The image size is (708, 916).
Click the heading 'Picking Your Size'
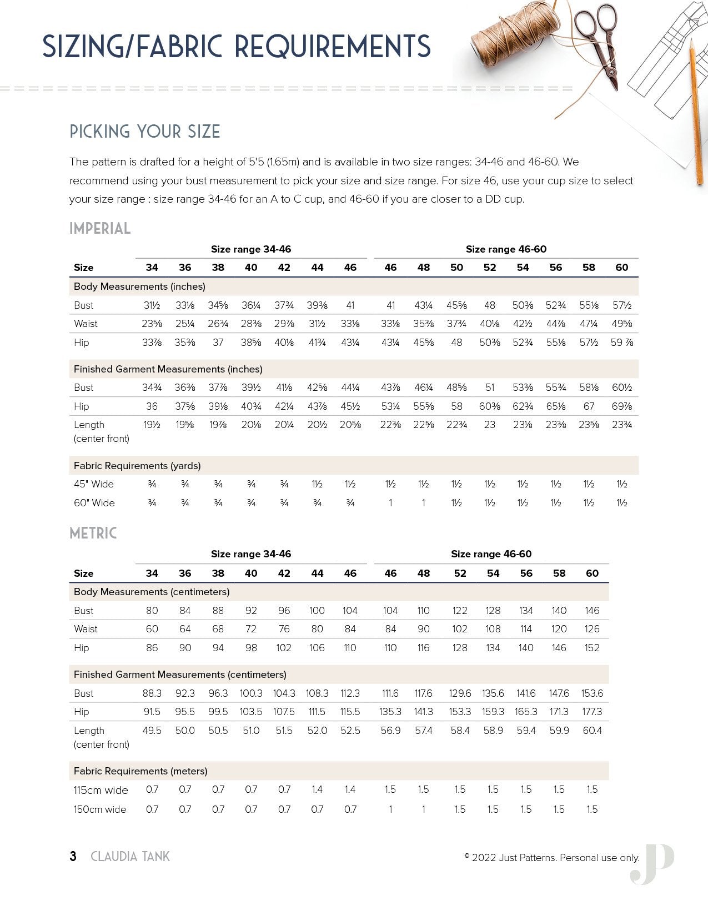[145, 132]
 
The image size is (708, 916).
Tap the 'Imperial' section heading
[100, 228]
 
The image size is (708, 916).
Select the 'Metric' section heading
[93, 533]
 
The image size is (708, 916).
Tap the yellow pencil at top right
[696, 111]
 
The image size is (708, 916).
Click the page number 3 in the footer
[73, 856]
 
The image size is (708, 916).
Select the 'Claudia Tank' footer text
[130, 857]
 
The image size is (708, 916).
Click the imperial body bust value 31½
[152, 305]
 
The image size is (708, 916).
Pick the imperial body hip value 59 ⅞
[621, 343]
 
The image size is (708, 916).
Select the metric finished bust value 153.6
[592, 693]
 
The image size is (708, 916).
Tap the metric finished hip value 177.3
[592, 712]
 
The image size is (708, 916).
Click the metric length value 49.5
[152, 731]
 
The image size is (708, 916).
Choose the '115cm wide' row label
[101, 790]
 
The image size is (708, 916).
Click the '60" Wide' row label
[94, 503]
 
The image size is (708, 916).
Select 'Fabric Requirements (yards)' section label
[137, 466]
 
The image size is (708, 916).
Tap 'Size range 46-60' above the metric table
[491, 554]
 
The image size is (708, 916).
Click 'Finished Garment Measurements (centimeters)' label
[180, 675]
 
